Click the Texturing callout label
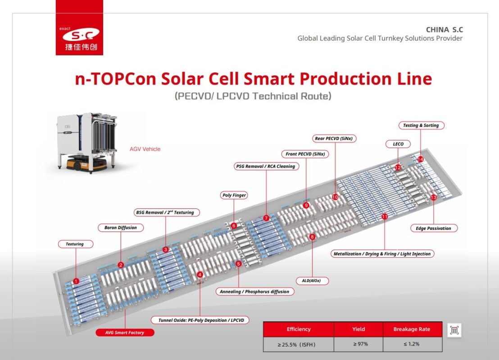pyautogui.click(x=75, y=244)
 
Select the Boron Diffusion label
pyautogui.click(x=120, y=228)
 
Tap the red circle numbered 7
pyautogui.click(x=266, y=218)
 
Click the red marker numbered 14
pyautogui.click(x=420, y=159)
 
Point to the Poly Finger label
pyautogui.click(x=235, y=195)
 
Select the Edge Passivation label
pyautogui.click(x=433, y=228)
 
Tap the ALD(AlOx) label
pyautogui.click(x=312, y=281)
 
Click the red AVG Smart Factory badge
pyautogui.click(x=125, y=333)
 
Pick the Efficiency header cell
pyautogui.click(x=299, y=329)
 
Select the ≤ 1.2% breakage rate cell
pyautogui.click(x=412, y=344)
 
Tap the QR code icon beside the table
pyautogui.click(x=454, y=330)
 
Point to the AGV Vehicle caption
pyautogui.click(x=145, y=149)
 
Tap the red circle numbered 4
pyautogui.click(x=200, y=274)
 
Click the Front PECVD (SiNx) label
pyautogui.click(x=305, y=154)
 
